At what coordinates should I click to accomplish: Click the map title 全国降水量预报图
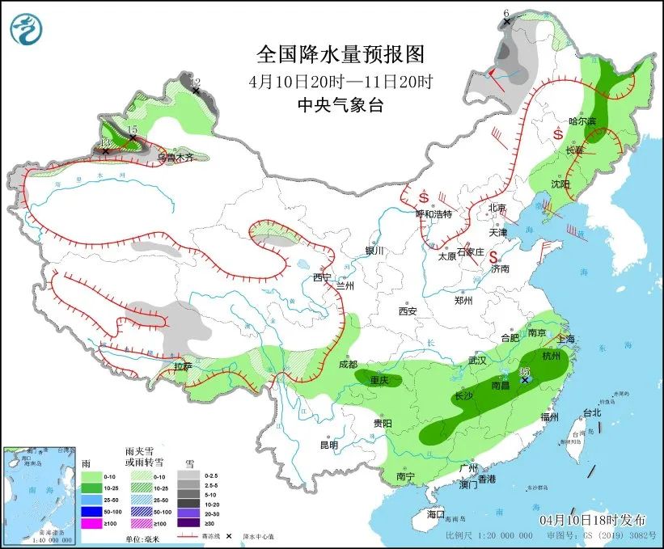click(x=340, y=54)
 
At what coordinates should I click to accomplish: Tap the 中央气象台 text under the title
click(x=340, y=105)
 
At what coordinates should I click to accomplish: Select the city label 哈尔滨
click(x=582, y=120)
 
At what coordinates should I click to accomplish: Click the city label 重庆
click(x=380, y=380)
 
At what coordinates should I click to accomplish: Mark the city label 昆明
click(x=329, y=445)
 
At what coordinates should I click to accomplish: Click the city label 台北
click(x=592, y=412)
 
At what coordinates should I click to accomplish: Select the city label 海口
click(x=435, y=514)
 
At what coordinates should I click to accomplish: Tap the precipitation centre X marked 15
click(x=133, y=138)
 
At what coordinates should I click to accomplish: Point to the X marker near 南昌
click(x=525, y=379)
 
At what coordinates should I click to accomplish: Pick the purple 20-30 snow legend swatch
click(x=189, y=513)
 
